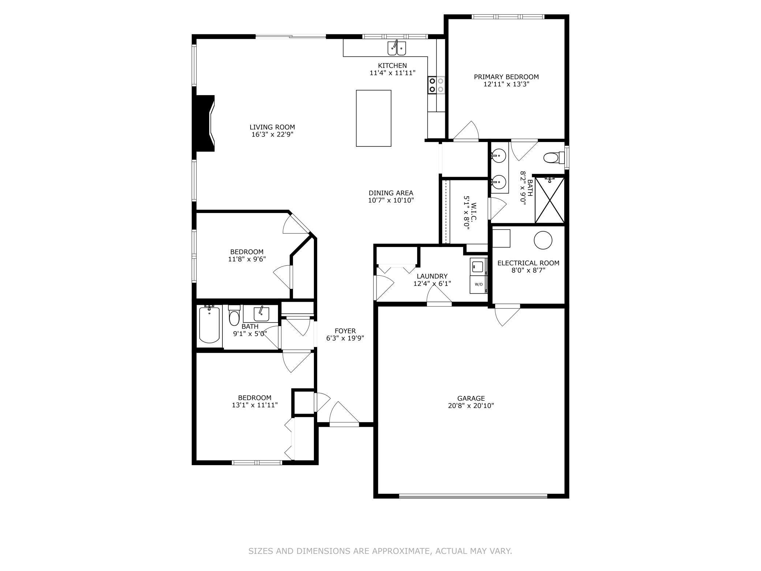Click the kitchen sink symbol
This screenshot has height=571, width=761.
point(397,48)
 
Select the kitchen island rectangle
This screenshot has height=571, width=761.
point(374,118)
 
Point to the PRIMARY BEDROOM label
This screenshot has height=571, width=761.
point(506,77)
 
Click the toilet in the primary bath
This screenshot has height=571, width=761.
point(551,158)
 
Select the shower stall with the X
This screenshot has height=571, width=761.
point(550,200)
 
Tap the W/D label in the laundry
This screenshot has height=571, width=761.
point(479,284)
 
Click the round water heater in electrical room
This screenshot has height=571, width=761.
point(543,240)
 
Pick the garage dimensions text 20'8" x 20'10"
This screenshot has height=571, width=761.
point(471,406)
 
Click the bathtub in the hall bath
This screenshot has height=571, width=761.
point(209,325)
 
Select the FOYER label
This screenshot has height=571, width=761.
point(345,331)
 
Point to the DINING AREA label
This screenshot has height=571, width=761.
point(391,193)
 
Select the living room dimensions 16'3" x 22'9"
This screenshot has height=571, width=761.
point(272,134)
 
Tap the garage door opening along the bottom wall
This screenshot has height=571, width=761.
point(473,496)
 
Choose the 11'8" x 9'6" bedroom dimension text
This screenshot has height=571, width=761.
point(247,259)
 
